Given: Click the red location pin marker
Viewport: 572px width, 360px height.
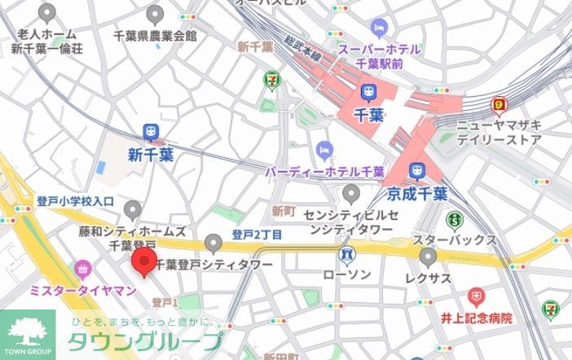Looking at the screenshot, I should [144, 262].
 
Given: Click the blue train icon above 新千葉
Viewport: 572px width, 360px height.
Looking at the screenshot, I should [151, 132].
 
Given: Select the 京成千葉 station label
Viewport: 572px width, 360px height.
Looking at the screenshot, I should [417, 194].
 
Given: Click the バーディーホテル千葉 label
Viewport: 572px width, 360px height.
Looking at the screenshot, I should [324, 172].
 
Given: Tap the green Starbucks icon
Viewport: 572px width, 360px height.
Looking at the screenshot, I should [455, 219].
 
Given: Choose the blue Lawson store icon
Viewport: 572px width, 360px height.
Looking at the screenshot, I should [347, 256].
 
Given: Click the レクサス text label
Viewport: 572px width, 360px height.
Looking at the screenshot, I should [429, 279].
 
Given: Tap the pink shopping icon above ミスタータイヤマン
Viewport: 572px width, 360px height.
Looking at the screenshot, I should [82, 268].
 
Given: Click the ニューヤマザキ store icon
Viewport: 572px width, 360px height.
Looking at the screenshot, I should [499, 105].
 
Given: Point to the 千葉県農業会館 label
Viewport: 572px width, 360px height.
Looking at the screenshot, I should [155, 36].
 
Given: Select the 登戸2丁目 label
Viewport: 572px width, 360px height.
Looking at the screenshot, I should [257, 235].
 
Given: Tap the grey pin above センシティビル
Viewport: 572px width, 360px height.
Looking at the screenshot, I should [350, 194].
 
